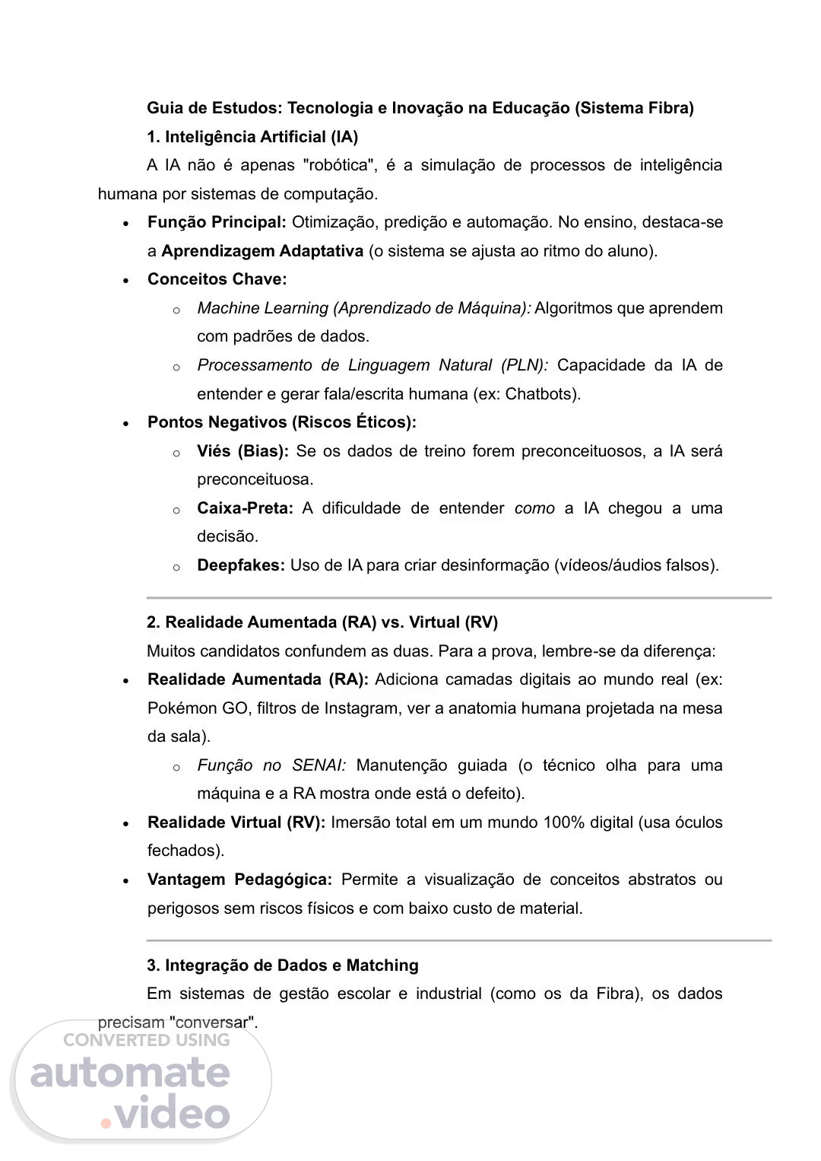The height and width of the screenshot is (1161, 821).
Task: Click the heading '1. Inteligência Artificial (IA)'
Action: [x=252, y=137]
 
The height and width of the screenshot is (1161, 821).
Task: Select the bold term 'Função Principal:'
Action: [x=217, y=222]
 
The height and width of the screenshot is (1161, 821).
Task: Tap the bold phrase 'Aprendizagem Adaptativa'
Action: [x=262, y=251]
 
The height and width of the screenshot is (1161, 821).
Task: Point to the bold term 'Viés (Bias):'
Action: [x=242, y=451]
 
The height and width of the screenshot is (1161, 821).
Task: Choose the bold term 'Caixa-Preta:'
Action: [x=245, y=508]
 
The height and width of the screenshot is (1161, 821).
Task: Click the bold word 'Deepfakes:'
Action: [x=241, y=565]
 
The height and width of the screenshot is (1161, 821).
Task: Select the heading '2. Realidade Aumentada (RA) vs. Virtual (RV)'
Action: [x=322, y=622]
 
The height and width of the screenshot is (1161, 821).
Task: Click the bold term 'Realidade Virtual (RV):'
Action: [x=236, y=822]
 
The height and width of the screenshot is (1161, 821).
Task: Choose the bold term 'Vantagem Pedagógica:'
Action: [x=239, y=879]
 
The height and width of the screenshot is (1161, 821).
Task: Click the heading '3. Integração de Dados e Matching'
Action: [x=283, y=965]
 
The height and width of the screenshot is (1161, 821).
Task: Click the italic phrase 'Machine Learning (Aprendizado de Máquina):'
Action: [x=364, y=308]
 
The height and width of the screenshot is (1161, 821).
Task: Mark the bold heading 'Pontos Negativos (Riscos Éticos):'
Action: [x=282, y=422]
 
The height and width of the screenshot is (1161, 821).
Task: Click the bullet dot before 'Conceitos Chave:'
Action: [x=126, y=281]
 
